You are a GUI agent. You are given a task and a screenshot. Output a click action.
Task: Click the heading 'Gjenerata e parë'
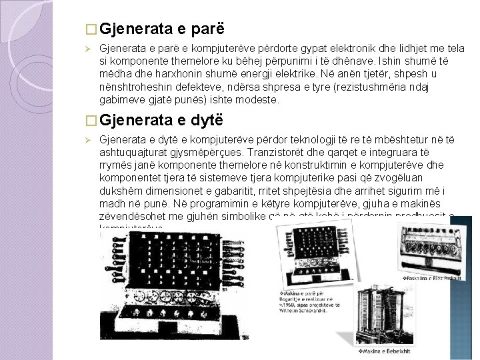[164, 29]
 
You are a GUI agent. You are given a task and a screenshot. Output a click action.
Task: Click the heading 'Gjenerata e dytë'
[164, 120]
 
